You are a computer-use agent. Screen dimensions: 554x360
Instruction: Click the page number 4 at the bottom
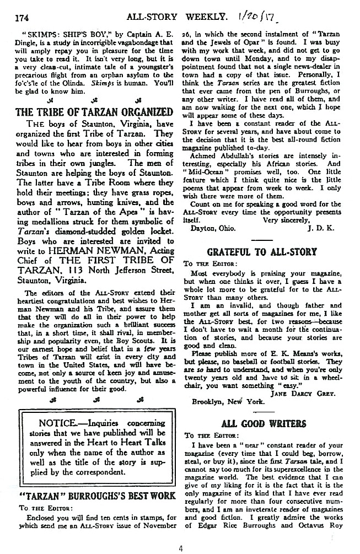[180, 547]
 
